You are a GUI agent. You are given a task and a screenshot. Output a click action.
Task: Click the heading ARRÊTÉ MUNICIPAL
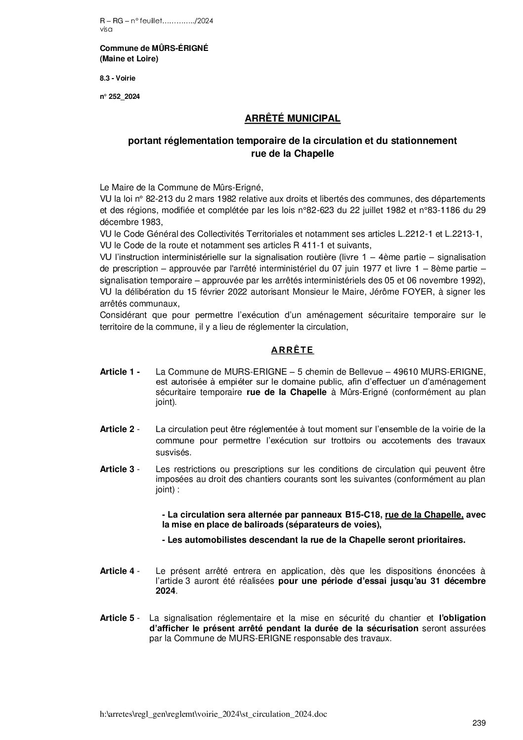[x=292, y=119]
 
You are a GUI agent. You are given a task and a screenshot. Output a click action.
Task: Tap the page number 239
[x=479, y=723]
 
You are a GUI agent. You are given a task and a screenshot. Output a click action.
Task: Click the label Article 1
[x=120, y=372]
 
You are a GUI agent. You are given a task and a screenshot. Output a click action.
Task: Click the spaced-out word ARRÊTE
[x=292, y=350]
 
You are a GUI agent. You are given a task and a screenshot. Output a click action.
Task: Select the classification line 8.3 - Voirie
[x=118, y=78]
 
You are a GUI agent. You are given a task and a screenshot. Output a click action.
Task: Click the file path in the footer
[x=213, y=714]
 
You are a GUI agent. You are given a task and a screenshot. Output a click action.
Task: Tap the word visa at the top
[x=106, y=29]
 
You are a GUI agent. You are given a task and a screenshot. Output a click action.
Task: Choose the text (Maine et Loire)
[x=129, y=59]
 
